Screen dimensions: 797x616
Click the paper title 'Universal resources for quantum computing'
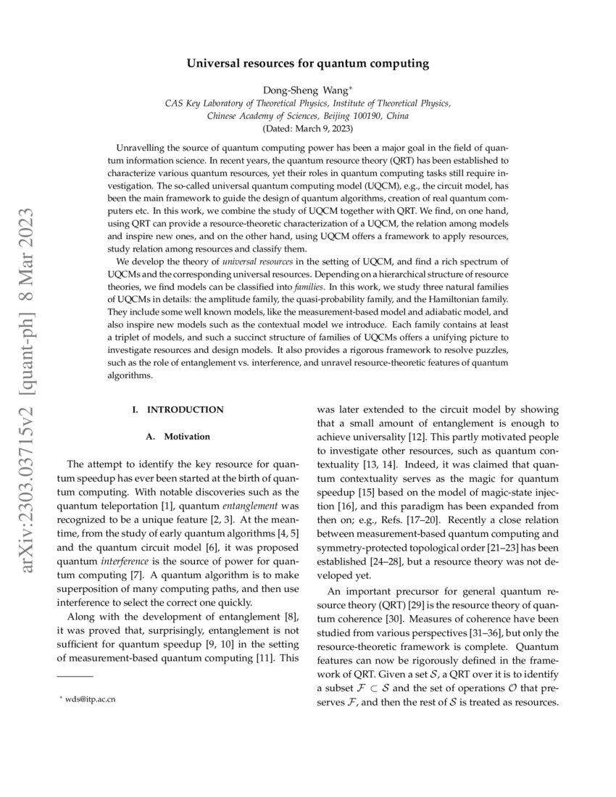[x=308, y=64]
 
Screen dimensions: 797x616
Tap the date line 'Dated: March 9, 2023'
[x=308, y=128]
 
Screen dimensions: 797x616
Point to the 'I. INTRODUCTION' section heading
[x=178, y=410]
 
